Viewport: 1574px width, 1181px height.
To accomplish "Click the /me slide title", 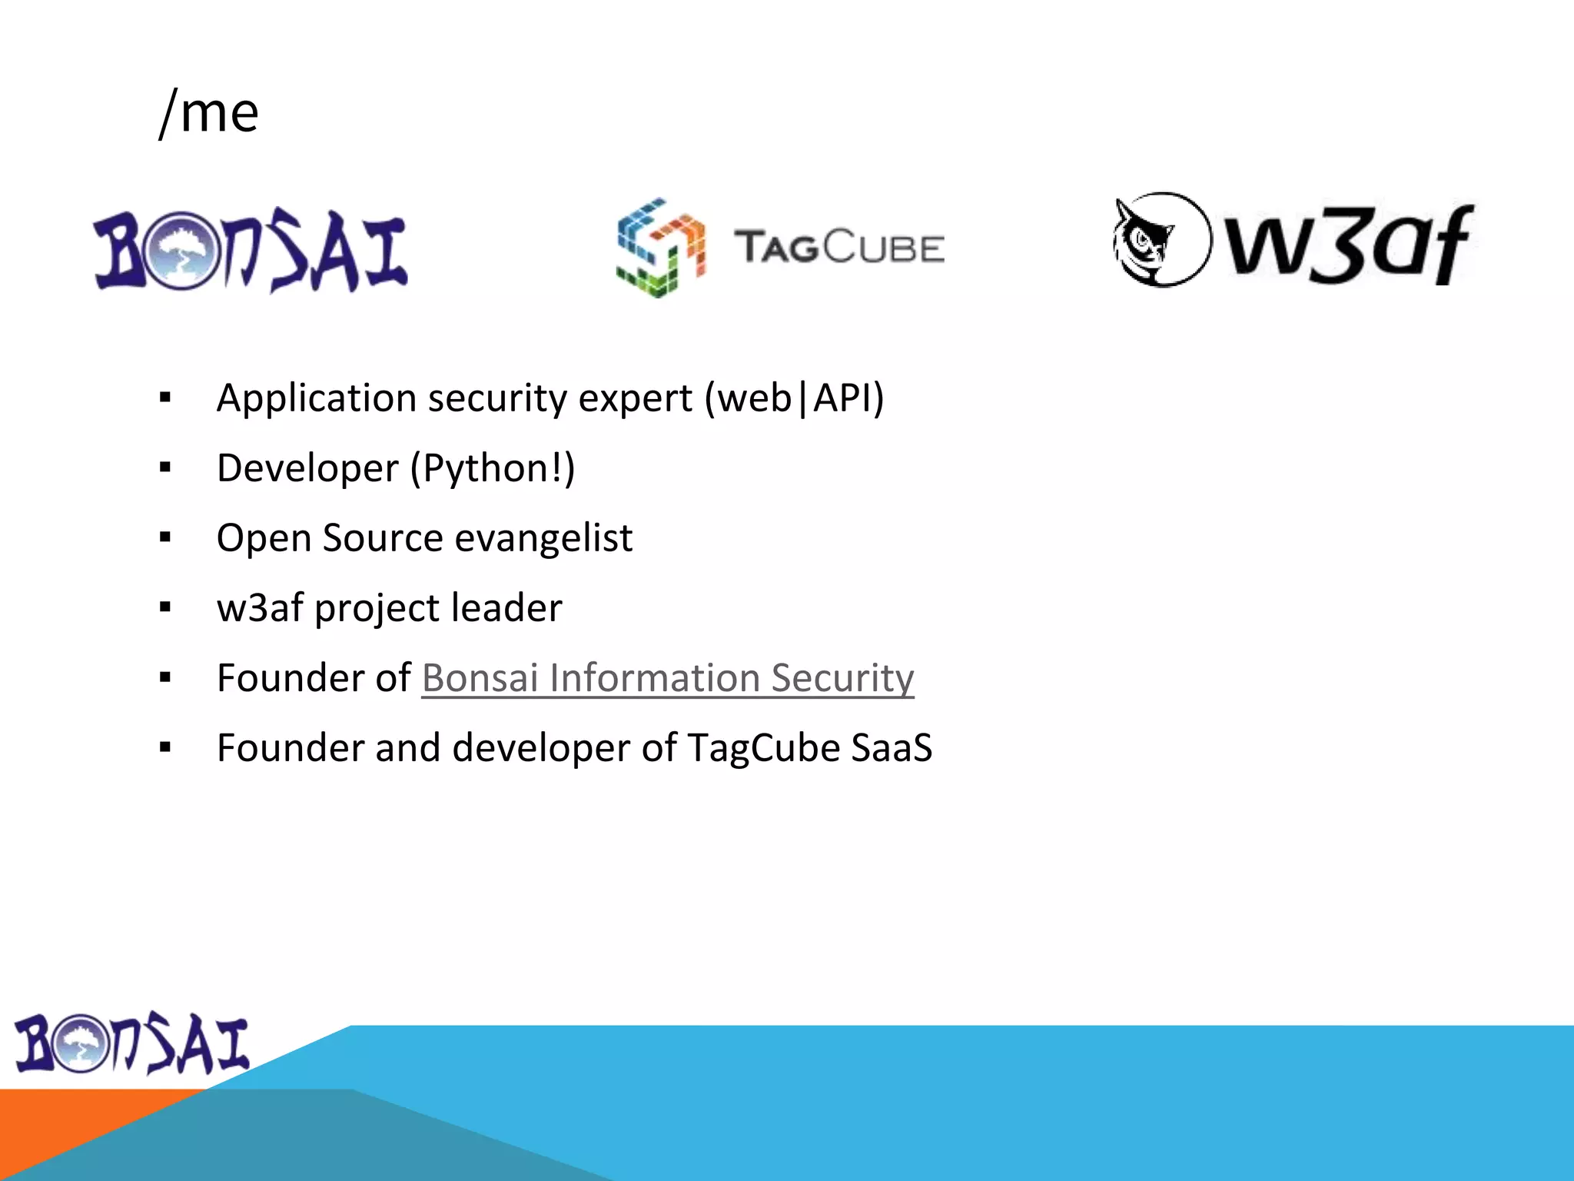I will (x=209, y=113).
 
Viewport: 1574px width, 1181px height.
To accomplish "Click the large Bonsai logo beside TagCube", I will (x=251, y=251).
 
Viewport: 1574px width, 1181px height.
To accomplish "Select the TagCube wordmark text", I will (x=838, y=248).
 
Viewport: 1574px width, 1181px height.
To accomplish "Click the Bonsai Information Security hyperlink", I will (x=667, y=678).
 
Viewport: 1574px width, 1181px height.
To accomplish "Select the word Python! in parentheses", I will (x=492, y=468).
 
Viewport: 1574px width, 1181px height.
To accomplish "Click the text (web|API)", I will (x=795, y=398).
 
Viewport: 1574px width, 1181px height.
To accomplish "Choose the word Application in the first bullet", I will (x=316, y=398).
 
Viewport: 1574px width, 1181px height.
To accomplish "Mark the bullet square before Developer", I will (x=165, y=467).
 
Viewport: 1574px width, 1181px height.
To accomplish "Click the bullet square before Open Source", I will (x=165, y=537).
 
